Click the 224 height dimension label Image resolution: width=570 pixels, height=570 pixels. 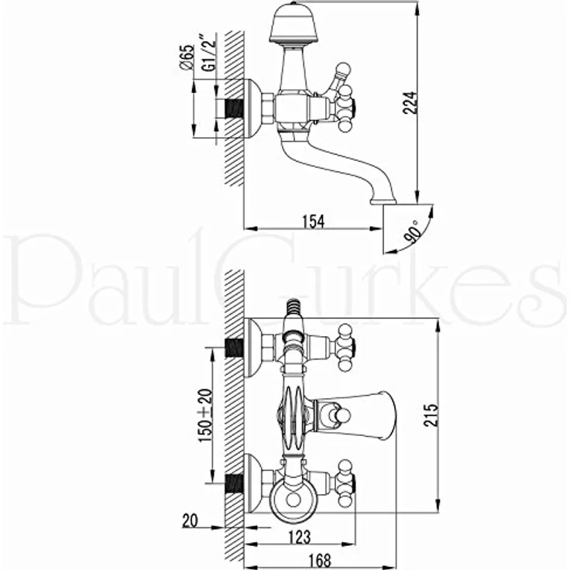pos(410,103)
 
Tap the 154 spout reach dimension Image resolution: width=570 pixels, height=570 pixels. pos(314,221)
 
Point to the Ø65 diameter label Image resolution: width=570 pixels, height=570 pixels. pos(186,57)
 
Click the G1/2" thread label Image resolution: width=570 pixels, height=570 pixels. pos(208,52)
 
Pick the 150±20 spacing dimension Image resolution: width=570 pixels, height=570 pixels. pos(205,415)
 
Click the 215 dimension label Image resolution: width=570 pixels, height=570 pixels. pos(431,415)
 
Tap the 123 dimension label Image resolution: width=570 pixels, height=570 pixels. pos(300,537)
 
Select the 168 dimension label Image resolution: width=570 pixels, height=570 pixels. pos(320,560)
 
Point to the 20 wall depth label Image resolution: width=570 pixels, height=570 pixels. pos(190,521)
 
